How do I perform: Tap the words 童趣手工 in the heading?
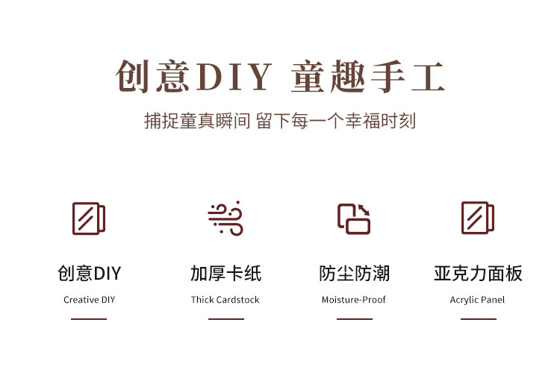pos(368,78)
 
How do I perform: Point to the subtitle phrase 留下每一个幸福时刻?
pos(335,121)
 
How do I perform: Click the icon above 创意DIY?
pos(89,218)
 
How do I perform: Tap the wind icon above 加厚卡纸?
pos(225,218)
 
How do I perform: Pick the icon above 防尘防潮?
pos(354,218)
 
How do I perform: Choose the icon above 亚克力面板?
pos(478,218)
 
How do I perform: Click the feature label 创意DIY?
pos(89,274)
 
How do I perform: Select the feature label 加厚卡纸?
pos(225,274)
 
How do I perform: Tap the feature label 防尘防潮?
pos(354,274)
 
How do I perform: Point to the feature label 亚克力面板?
pos(478,274)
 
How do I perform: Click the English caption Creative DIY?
pos(89,300)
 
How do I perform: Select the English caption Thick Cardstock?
pos(225,300)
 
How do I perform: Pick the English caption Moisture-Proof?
pos(354,300)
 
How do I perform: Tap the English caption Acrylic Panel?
pos(478,300)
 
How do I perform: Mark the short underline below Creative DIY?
pos(89,319)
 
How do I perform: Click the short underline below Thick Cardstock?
pos(225,319)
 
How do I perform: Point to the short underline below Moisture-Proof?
pos(354,319)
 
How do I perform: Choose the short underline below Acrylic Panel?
pos(478,319)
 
